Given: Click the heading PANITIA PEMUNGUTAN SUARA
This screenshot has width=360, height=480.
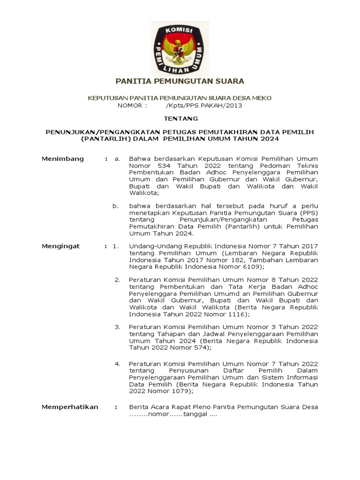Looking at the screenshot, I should [x=180, y=81].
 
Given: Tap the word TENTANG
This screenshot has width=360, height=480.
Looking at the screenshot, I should [x=180, y=119].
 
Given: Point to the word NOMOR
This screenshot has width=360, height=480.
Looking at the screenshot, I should [x=132, y=105].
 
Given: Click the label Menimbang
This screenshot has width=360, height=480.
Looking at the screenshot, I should [x=63, y=159].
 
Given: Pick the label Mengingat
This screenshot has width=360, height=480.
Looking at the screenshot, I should [x=61, y=246].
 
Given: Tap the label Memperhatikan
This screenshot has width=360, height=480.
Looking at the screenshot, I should [x=70, y=407].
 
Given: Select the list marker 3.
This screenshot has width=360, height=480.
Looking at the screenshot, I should [x=118, y=327].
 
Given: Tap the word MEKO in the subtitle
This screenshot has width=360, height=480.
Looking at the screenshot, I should [x=261, y=97].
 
